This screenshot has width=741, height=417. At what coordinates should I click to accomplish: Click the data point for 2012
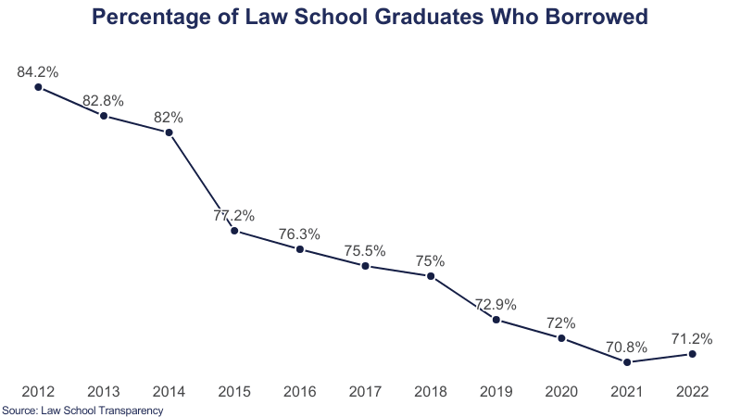coord(38,87)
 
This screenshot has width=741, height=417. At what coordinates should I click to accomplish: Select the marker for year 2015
coord(234,231)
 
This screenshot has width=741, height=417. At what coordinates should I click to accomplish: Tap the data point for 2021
coord(627,361)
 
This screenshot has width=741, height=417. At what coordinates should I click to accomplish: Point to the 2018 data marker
coord(431,275)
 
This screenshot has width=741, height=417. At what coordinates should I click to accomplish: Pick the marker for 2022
coord(693,353)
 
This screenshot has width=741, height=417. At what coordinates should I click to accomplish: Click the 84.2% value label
coord(38,71)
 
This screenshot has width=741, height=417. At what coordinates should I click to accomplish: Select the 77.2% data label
coord(234,215)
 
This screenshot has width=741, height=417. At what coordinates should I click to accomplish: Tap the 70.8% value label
coord(627,346)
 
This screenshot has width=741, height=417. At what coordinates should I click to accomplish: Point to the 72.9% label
coord(496,304)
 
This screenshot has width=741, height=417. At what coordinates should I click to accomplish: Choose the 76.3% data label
coord(300,234)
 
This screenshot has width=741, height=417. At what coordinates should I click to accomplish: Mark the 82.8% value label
coord(104,100)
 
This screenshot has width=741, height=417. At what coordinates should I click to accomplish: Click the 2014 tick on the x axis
coord(169,392)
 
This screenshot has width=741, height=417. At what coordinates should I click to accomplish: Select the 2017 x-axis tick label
coord(365,392)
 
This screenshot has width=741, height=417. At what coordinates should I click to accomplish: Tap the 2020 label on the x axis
coord(561,392)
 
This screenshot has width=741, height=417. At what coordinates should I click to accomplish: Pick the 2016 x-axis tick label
coord(300,392)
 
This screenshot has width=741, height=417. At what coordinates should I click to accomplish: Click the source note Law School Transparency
coord(103,410)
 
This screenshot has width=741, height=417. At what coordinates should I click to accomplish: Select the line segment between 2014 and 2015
coord(202,182)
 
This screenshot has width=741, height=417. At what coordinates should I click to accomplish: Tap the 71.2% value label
coord(693,337)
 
